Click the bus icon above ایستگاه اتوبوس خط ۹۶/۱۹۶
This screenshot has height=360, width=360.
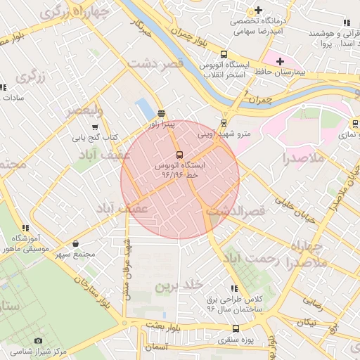[x=179, y=155]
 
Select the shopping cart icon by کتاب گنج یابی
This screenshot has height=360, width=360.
[x=95, y=127]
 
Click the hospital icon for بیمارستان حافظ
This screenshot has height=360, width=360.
[x=280, y=62]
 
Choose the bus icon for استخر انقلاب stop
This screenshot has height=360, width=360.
[x=224, y=54]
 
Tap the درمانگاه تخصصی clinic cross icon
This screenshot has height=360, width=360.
[x=259, y=10]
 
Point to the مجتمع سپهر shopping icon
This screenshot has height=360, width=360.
[x=76, y=243]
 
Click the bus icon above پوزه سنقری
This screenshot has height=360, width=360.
[x=235, y=328]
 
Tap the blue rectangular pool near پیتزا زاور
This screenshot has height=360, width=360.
[x=146, y=108]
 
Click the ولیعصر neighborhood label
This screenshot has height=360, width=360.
[x=84, y=111]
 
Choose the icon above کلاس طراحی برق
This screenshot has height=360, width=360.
[x=234, y=288]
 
